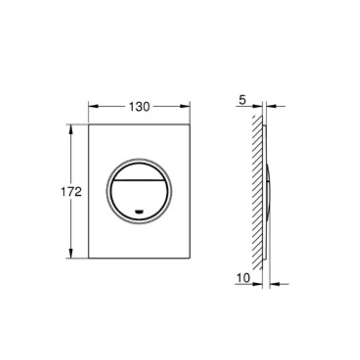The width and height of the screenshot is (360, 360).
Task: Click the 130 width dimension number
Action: (x=139, y=107)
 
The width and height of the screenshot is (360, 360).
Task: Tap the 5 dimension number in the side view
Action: (x=242, y=100)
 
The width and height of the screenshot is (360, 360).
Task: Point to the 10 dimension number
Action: (x=243, y=277)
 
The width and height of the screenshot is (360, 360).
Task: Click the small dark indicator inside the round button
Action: (x=139, y=211)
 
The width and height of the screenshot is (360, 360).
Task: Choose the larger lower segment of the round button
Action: (x=139, y=198)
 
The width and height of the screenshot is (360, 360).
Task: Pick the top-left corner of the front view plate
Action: (x=89, y=125)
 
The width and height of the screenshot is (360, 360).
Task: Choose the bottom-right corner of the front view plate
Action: (x=189, y=258)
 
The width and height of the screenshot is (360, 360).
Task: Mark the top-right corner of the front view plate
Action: (x=189, y=125)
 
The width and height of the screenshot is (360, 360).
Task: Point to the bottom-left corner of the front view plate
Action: (x=89, y=258)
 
